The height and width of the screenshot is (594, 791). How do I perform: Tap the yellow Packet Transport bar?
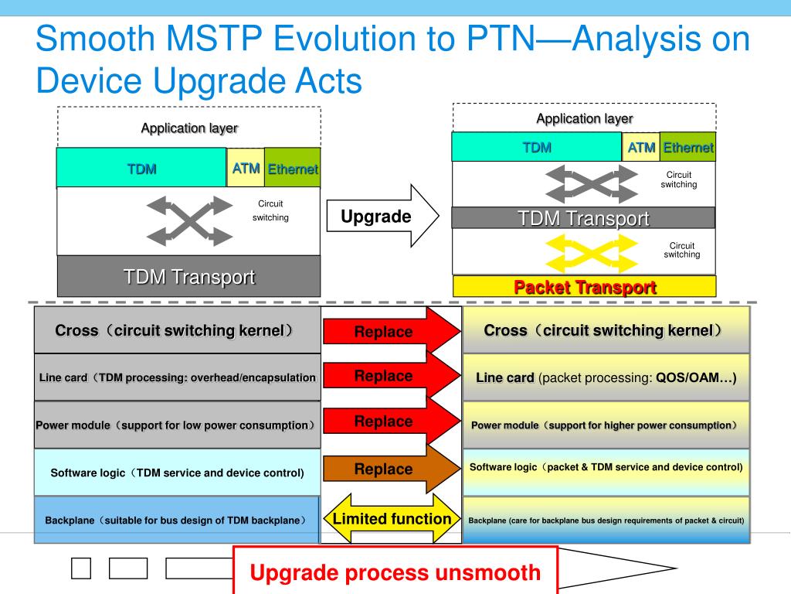click(x=585, y=287)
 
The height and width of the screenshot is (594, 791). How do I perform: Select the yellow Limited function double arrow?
click(x=392, y=519)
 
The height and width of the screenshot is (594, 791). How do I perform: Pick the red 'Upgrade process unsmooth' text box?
click(x=395, y=573)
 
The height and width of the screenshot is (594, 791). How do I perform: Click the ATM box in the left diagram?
click(x=246, y=168)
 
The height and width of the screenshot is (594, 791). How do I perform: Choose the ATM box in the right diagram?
click(x=641, y=147)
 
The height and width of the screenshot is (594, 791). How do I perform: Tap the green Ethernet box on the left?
click(x=293, y=169)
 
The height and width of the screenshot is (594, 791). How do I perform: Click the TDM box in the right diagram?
click(x=537, y=147)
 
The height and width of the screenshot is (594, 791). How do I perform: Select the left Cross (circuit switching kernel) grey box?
click(x=177, y=330)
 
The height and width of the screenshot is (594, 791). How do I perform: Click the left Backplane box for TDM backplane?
click(x=177, y=520)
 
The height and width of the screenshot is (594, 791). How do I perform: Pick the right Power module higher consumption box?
click(x=606, y=425)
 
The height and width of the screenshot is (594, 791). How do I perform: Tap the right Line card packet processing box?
click(x=606, y=378)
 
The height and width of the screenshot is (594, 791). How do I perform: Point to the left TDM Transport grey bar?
click(x=188, y=276)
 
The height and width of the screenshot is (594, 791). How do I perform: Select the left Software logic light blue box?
click(x=177, y=472)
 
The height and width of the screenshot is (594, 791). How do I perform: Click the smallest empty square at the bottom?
click(x=81, y=568)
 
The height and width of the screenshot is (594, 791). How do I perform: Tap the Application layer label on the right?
click(x=584, y=118)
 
